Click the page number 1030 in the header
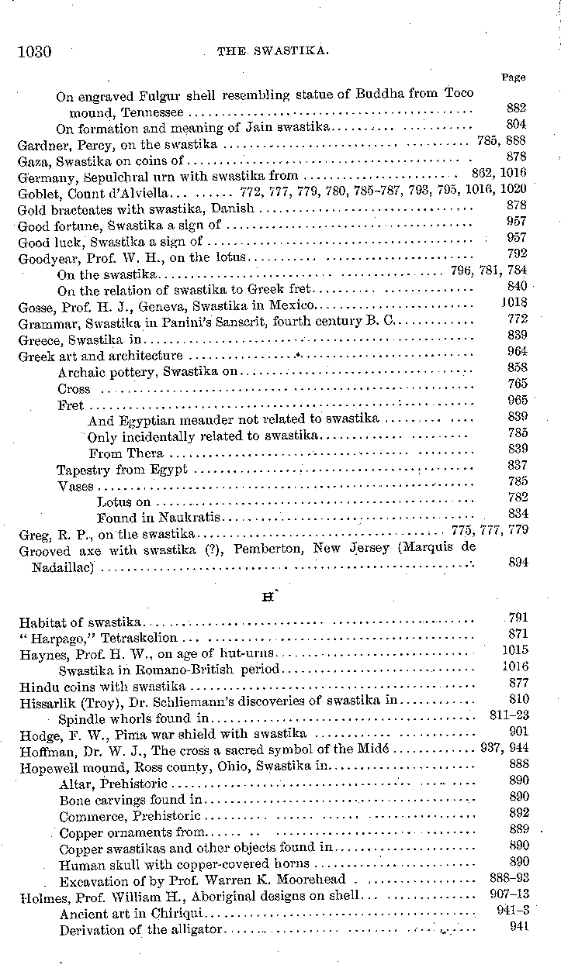[34, 52]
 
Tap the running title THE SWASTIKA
[274, 52]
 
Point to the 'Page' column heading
[513, 78]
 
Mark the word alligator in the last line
[193, 930]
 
